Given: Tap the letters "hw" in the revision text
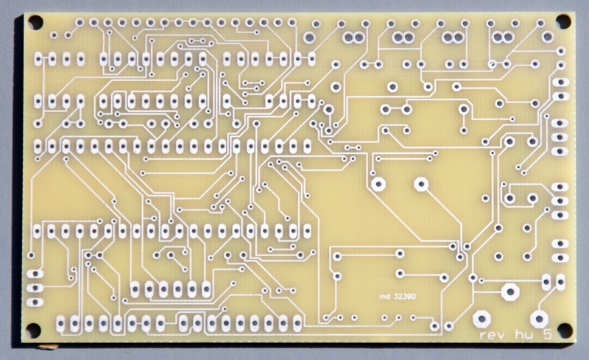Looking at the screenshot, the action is (x=524, y=334).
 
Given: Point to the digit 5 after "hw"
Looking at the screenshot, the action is (x=547, y=334).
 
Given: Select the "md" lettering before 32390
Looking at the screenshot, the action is (x=384, y=297).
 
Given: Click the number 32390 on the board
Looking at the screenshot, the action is (x=405, y=297).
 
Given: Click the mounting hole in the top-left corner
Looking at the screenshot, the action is (x=35, y=22).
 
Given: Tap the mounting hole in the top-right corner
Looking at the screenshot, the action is (x=563, y=22).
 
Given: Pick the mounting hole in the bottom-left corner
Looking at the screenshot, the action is (x=32, y=331).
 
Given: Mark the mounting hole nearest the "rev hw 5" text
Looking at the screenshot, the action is (x=565, y=330).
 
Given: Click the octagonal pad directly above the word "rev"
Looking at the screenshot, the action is (x=482, y=319).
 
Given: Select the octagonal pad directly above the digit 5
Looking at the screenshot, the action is (x=539, y=320).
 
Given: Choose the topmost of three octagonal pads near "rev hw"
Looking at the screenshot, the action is (x=510, y=292).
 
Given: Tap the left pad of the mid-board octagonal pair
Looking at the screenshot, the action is (x=378, y=184).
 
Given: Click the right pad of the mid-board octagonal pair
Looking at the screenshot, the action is (x=421, y=184).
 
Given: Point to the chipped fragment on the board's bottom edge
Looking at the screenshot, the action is (x=48, y=347).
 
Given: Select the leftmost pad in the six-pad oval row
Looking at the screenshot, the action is (x=135, y=289).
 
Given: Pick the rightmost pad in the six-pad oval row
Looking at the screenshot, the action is (x=206, y=289).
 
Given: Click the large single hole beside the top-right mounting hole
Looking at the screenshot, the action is (x=547, y=37).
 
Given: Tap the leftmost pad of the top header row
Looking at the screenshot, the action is (x=80, y=22).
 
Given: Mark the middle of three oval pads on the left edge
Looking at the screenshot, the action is (x=35, y=288).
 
